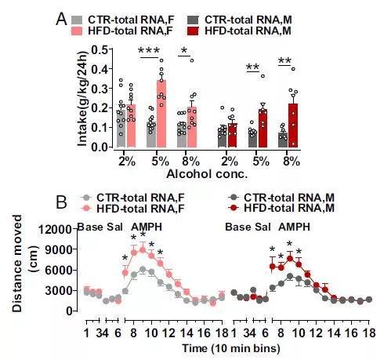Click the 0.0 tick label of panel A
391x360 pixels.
point(96,147)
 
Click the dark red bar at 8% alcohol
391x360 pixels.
point(293,125)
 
